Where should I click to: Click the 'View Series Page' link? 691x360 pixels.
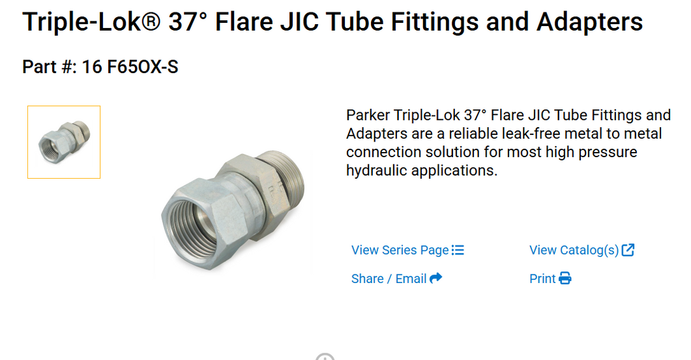(400, 250)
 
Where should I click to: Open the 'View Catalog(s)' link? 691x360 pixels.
(574, 250)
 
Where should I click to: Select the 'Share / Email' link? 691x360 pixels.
(389, 279)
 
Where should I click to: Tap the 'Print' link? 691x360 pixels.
(542, 279)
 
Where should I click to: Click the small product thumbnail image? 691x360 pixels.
(64, 142)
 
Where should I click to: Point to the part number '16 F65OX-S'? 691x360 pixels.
(130, 67)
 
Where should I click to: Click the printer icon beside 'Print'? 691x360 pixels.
(565, 279)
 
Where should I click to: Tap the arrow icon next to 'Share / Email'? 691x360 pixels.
(436, 278)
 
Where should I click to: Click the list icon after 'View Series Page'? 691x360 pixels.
(458, 250)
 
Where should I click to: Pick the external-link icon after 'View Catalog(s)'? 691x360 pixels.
(628, 250)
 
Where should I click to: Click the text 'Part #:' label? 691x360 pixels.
(49, 67)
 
